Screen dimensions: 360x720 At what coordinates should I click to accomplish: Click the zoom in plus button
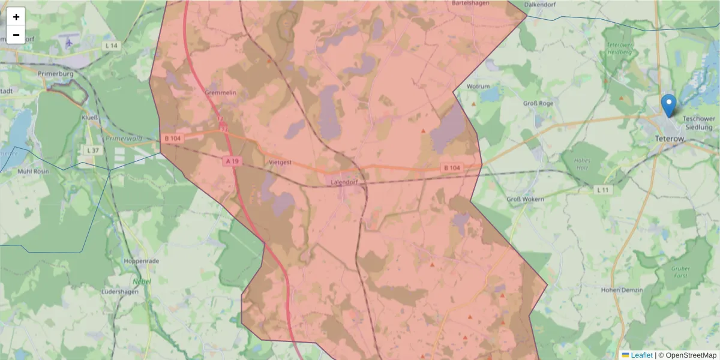pyautogui.click(x=16, y=17)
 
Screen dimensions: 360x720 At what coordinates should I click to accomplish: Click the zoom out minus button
pyautogui.click(x=16, y=35)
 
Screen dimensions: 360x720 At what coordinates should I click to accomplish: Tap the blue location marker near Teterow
pyautogui.click(x=668, y=106)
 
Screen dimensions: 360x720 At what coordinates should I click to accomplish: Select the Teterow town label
pyautogui.click(x=670, y=139)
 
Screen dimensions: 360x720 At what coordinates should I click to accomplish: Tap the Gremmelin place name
pyautogui.click(x=220, y=93)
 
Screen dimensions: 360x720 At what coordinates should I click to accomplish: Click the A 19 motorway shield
pyautogui.click(x=233, y=161)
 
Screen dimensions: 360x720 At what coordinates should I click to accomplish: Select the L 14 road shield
pyautogui.click(x=111, y=45)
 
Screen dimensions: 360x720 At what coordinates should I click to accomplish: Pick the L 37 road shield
pyautogui.click(x=92, y=150)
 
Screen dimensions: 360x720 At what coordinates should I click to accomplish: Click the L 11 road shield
pyautogui.click(x=603, y=190)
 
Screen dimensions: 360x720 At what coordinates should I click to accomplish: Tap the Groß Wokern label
pyautogui.click(x=525, y=199)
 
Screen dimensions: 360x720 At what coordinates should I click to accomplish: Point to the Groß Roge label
pyautogui.click(x=538, y=103)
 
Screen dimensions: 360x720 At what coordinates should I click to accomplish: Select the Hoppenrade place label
pyautogui.click(x=140, y=262)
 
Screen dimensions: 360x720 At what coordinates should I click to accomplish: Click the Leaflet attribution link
pyautogui.click(x=641, y=355)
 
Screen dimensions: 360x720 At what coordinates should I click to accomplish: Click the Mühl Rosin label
pyautogui.click(x=33, y=171)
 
